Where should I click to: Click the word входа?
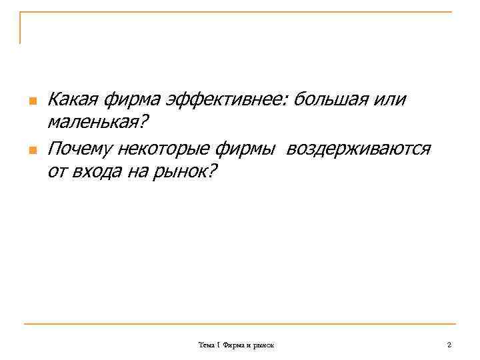tap(99, 172)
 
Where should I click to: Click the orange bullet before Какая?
tap(31, 101)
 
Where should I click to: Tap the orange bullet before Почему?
tap(31, 149)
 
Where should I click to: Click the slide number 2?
tap(449, 345)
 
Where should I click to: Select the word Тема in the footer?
tap(206, 345)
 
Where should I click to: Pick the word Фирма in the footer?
tap(233, 345)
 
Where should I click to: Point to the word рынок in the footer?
tap(269, 345)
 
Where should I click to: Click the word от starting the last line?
tap(57, 172)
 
